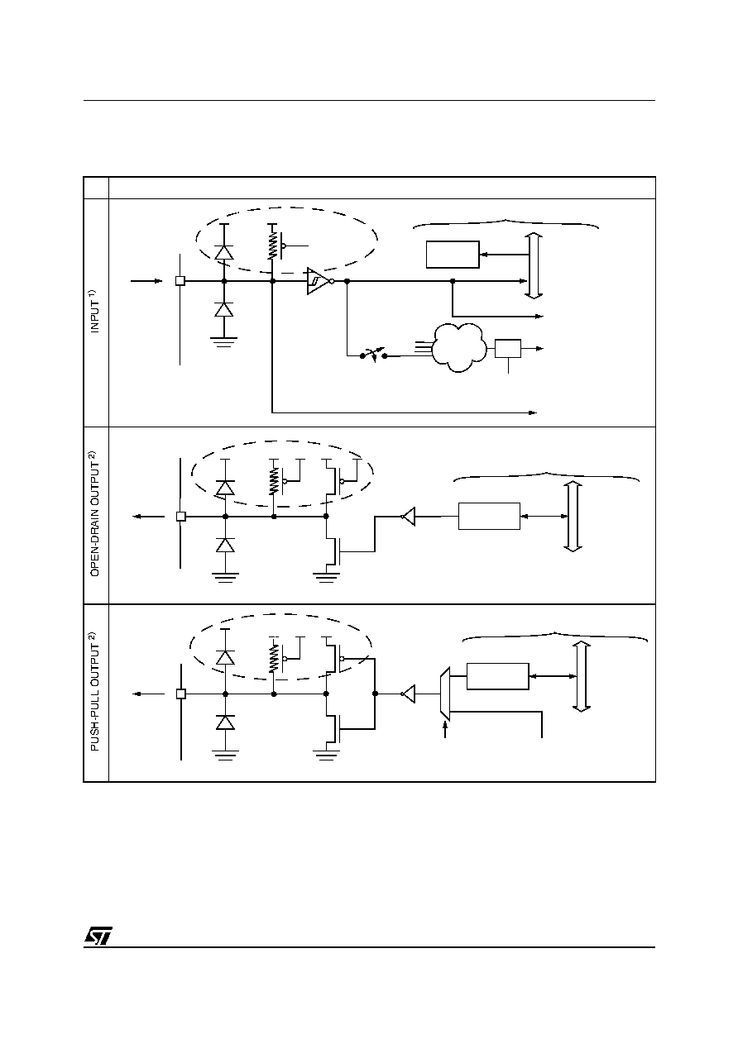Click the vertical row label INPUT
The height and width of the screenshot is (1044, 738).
(x=94, y=312)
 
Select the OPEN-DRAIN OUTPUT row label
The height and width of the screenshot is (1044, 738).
(x=94, y=514)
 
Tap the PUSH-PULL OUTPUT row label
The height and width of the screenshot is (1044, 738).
(x=94, y=691)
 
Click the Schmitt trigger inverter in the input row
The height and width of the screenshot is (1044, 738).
(x=320, y=281)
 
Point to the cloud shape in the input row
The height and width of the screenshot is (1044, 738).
(x=458, y=348)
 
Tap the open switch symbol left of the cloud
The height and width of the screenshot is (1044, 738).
(x=374, y=355)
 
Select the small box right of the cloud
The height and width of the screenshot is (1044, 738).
(x=507, y=349)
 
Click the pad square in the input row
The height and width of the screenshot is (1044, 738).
(x=180, y=281)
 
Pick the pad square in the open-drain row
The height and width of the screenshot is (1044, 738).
(x=181, y=517)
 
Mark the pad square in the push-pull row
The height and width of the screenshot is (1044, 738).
(x=181, y=694)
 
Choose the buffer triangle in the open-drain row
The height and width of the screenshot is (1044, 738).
(x=409, y=517)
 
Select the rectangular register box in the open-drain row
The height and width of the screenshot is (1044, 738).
(x=489, y=516)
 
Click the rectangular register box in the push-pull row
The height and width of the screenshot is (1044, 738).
(x=498, y=676)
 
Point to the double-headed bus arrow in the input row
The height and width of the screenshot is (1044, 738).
(x=534, y=265)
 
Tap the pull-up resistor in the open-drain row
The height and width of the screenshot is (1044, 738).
(x=273, y=481)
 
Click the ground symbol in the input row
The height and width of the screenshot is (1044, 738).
(x=224, y=342)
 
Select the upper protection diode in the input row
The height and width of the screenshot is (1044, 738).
(x=224, y=252)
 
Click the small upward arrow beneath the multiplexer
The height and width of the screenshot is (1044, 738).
(x=445, y=729)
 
